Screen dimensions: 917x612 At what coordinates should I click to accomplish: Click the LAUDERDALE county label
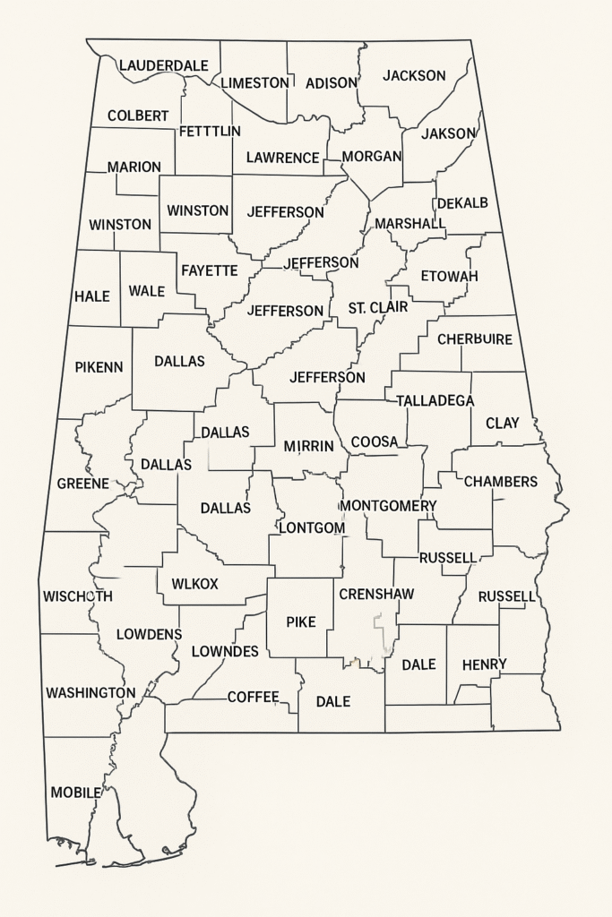click(163, 65)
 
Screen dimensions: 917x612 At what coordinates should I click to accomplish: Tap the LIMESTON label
click(254, 82)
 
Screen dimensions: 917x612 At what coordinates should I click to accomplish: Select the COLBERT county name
click(137, 116)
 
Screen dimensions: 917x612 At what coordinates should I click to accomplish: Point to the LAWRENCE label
click(282, 158)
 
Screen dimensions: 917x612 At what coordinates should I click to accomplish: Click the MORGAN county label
click(371, 156)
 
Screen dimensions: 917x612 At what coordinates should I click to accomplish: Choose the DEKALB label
click(462, 203)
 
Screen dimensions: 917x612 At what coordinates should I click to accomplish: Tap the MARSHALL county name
click(409, 223)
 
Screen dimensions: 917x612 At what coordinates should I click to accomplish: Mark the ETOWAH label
click(449, 276)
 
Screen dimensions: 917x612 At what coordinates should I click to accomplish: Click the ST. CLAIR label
click(377, 307)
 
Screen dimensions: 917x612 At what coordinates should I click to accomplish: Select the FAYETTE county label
click(209, 270)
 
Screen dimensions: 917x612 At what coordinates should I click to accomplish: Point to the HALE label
click(91, 296)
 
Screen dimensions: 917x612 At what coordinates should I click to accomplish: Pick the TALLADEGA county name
click(435, 400)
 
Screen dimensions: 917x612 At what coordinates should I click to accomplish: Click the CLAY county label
click(502, 423)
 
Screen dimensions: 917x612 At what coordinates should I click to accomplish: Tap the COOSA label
click(374, 441)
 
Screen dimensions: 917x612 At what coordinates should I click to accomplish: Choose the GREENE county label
click(82, 484)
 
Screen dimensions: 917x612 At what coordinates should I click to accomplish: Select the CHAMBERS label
click(500, 482)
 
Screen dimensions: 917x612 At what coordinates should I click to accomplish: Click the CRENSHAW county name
click(376, 594)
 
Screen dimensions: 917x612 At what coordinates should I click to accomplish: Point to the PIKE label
click(300, 621)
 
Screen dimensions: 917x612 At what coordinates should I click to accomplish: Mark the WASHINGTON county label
click(91, 692)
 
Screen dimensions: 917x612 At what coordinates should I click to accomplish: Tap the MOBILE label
click(75, 793)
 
